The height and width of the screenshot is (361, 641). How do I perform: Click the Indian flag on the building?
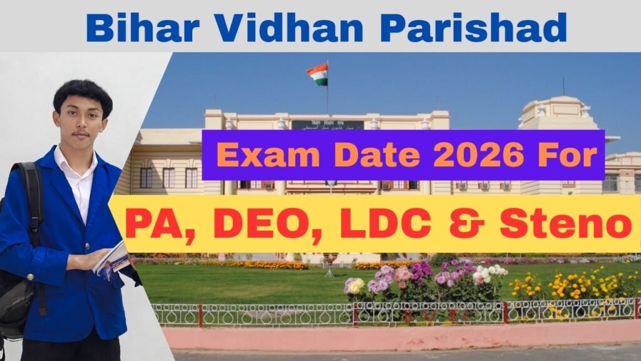pyautogui.click(x=317, y=74)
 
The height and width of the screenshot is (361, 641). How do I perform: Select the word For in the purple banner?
pyautogui.click(x=565, y=155)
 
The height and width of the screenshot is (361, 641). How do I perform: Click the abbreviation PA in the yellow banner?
pyautogui.click(x=146, y=224)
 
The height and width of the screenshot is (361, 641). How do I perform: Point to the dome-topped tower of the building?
pyautogui.click(x=551, y=113)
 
